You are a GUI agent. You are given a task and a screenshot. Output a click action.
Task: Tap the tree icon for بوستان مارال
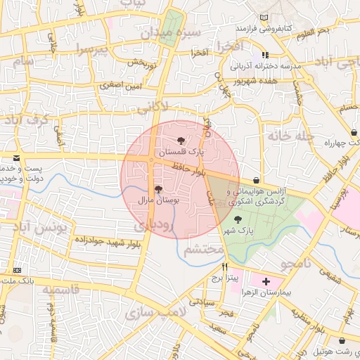[x=157, y=189]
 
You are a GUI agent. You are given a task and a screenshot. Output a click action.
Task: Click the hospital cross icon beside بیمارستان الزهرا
[x=265, y=281]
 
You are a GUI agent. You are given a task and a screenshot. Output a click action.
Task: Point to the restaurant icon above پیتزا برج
[x=224, y=266]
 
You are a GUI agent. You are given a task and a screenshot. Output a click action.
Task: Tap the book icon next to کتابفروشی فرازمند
[x=263, y=18]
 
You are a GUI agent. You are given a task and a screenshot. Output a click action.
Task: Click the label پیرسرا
[x=95, y=51]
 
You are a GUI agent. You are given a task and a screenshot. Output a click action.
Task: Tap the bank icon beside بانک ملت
[x=16, y=271]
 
